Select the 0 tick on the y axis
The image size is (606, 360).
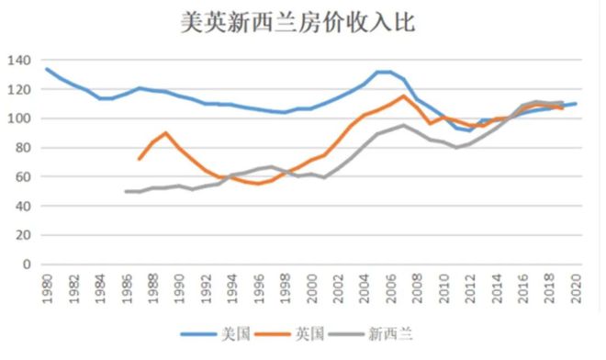coord(26,264)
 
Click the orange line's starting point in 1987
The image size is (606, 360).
coord(139,159)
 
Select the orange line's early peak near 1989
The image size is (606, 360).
coord(165,133)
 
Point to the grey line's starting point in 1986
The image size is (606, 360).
coord(126,191)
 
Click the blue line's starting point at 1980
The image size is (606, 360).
coord(47,69)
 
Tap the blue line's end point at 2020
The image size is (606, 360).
coord(576,104)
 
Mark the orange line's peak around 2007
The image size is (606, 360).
coord(403,96)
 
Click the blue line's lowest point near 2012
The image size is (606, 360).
coord(470,130)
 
